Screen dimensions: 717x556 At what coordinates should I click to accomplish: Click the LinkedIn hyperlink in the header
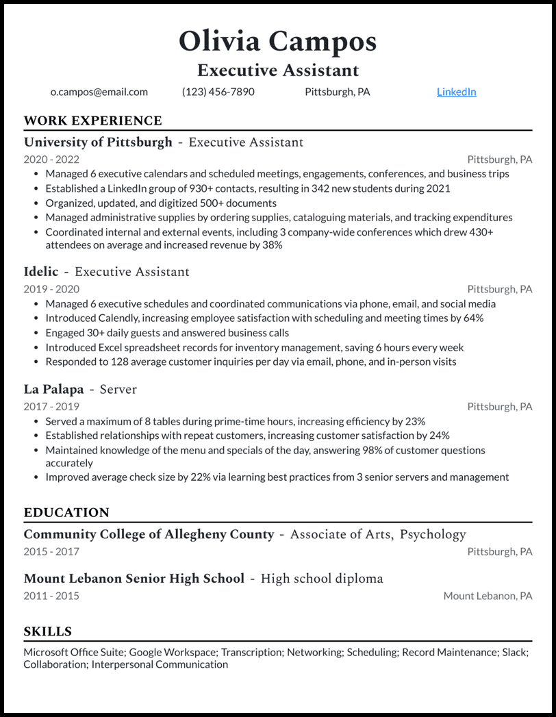[x=456, y=92]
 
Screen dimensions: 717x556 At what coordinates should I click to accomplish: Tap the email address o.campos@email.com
[x=99, y=92]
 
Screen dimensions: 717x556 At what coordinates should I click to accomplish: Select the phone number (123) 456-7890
[x=218, y=92]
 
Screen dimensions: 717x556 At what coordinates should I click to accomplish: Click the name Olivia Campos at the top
[x=277, y=42]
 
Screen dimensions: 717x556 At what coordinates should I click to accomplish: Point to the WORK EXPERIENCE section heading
[x=92, y=121]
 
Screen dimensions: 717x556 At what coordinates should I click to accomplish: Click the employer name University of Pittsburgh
[x=98, y=142]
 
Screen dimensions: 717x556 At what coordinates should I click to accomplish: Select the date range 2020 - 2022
[x=51, y=160]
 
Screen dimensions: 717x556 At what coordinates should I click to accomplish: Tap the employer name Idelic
[x=41, y=272]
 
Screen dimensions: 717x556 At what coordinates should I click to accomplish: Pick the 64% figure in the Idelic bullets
[x=472, y=318]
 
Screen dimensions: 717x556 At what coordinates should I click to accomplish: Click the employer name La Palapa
[x=53, y=390]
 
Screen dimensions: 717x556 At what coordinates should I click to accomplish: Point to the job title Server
[x=118, y=390]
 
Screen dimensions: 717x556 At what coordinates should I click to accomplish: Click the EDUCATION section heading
[x=66, y=513]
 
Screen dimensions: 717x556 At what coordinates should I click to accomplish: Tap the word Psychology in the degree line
[x=433, y=534]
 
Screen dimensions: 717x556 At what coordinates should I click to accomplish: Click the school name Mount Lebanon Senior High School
[x=134, y=579]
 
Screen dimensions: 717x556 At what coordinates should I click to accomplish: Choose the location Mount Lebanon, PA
[x=488, y=596]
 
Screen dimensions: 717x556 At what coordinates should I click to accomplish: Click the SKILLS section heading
[x=48, y=631]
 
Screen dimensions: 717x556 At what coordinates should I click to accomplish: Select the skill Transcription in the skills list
[x=251, y=653]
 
